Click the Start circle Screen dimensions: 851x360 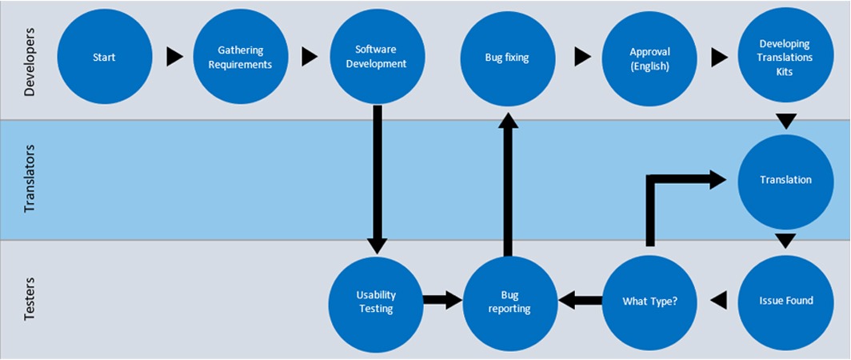(x=104, y=57)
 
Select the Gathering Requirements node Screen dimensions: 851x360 (x=241, y=57)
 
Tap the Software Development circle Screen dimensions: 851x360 (x=378, y=57)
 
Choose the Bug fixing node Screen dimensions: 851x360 (x=507, y=57)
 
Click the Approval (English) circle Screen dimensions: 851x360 (x=649, y=57)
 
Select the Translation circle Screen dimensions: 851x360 (x=785, y=180)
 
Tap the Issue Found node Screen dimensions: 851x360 (x=785, y=301)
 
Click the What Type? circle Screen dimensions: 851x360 (x=649, y=301)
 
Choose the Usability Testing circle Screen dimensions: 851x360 (x=376, y=302)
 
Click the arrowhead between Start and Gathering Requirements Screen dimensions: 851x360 (x=174, y=57)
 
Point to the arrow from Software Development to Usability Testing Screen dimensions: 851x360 (x=378, y=180)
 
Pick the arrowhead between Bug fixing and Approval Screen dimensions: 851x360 (x=582, y=57)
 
